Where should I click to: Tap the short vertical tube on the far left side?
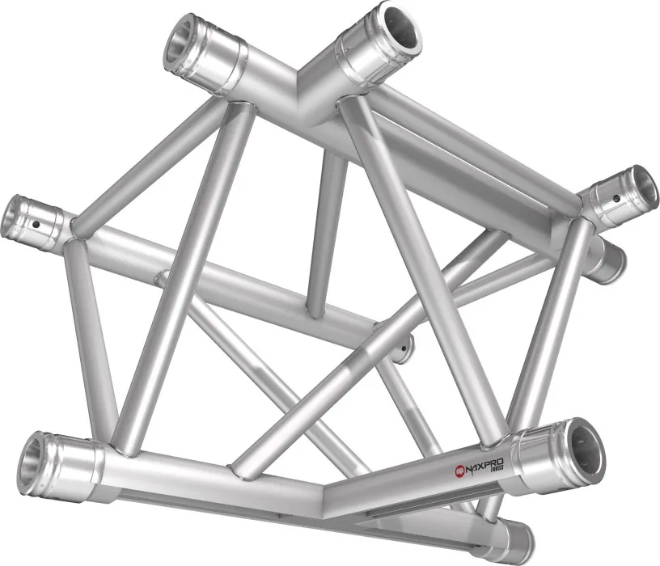point(87,332)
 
